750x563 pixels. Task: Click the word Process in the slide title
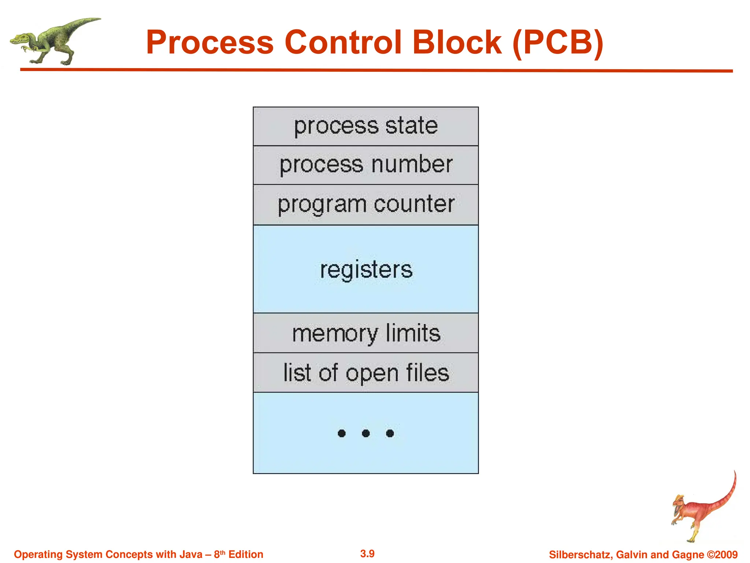click(x=210, y=43)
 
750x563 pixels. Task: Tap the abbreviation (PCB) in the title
click(x=558, y=43)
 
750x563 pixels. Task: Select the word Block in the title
click(x=457, y=43)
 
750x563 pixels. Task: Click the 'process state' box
click(x=365, y=126)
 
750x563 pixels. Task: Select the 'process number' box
click(x=365, y=165)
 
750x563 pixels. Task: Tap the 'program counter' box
click(x=365, y=205)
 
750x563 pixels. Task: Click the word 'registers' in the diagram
click(x=366, y=270)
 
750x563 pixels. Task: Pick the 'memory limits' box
click(x=365, y=333)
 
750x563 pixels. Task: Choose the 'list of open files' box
click(x=365, y=373)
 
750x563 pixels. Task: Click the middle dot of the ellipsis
click(x=365, y=434)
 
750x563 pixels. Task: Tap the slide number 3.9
click(x=367, y=553)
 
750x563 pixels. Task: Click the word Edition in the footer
click(x=246, y=554)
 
